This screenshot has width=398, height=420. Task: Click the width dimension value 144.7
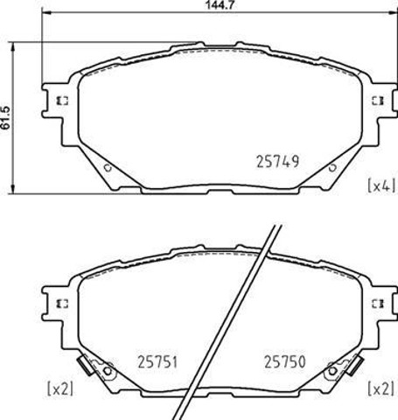[220, 5]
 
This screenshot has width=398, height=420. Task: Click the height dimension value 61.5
[5, 118]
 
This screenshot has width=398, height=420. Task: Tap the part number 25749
[278, 161]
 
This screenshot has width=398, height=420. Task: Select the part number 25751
[157, 362]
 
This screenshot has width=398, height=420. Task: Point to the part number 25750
[284, 361]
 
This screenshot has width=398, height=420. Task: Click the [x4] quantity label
[381, 185]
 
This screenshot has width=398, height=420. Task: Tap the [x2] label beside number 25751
[60, 388]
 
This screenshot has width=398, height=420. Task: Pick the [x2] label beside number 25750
[381, 388]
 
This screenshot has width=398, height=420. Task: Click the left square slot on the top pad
[62, 101]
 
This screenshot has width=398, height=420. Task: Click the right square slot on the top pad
[378, 101]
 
